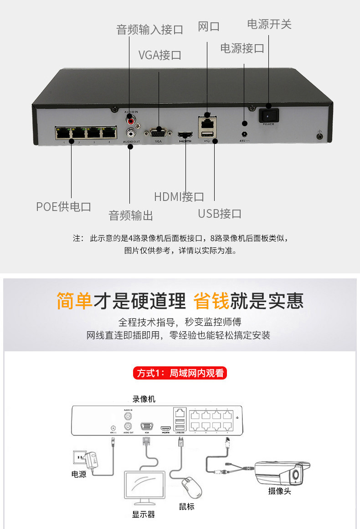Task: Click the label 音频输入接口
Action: click(149, 30)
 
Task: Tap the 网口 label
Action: click(209, 26)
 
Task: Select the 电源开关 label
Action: click(269, 24)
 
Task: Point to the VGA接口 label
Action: click(160, 55)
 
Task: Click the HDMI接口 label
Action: click(179, 197)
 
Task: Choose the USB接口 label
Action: click(219, 213)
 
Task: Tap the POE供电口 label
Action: click(64, 206)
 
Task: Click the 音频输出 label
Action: click(131, 215)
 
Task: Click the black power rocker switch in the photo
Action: click(268, 116)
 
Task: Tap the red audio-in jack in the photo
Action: click(131, 121)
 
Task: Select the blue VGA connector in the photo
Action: click(158, 133)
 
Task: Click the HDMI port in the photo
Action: click(185, 135)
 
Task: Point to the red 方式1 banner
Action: click(180, 373)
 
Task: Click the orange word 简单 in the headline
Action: click(75, 301)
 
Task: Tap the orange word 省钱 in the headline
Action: click(211, 301)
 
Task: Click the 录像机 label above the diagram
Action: click(144, 399)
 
